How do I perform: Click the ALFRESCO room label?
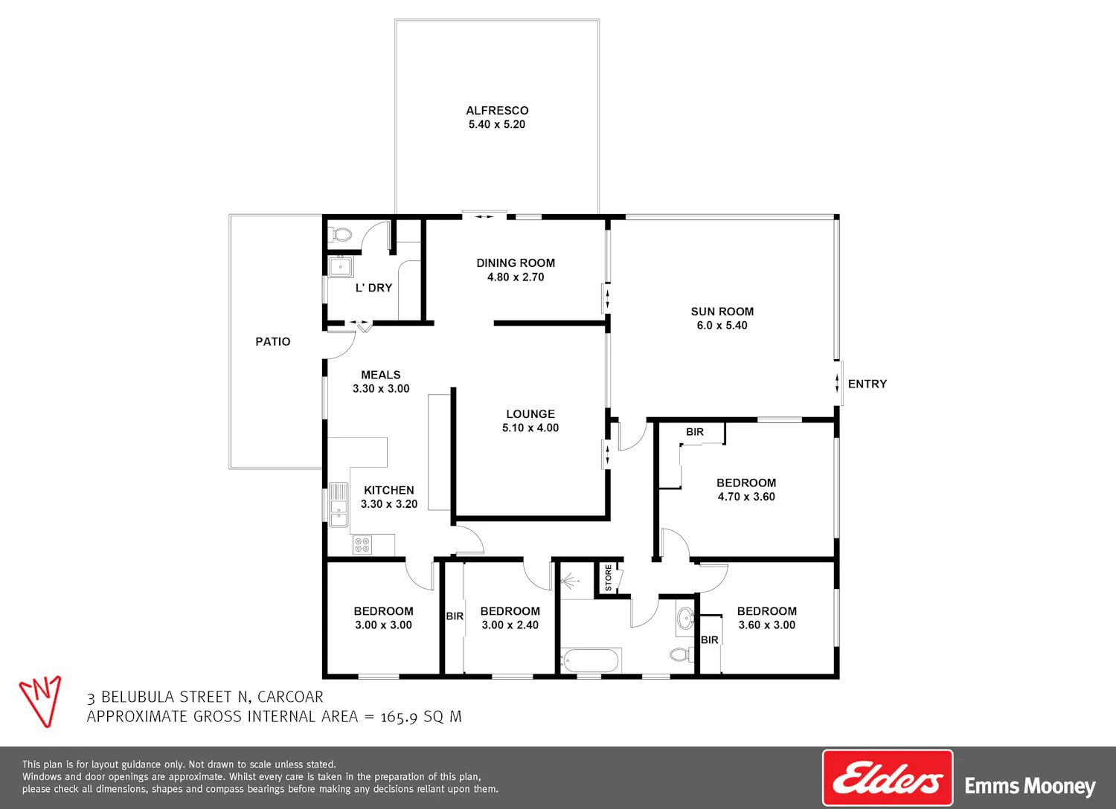coord(497,111)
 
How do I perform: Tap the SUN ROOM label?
coord(722,312)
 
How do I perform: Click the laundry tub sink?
coord(341,266)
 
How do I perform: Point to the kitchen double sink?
coord(339,504)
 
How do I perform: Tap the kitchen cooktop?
coord(362,544)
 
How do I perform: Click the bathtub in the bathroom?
coord(591,660)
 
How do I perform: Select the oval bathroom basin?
coord(685,619)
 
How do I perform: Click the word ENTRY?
coord(868,384)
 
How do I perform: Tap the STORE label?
coord(608,578)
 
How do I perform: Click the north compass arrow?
coord(41,701)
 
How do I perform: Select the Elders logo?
coord(888,777)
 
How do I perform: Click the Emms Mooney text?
coord(1030,786)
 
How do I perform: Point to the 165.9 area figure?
coord(399,717)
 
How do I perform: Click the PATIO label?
coord(272,341)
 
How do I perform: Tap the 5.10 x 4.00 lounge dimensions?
coord(530,428)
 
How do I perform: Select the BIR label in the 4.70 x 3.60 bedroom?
coord(694,432)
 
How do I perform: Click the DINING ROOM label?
coord(516,263)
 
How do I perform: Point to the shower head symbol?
coord(569,581)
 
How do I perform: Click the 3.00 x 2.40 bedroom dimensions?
coord(510,625)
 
